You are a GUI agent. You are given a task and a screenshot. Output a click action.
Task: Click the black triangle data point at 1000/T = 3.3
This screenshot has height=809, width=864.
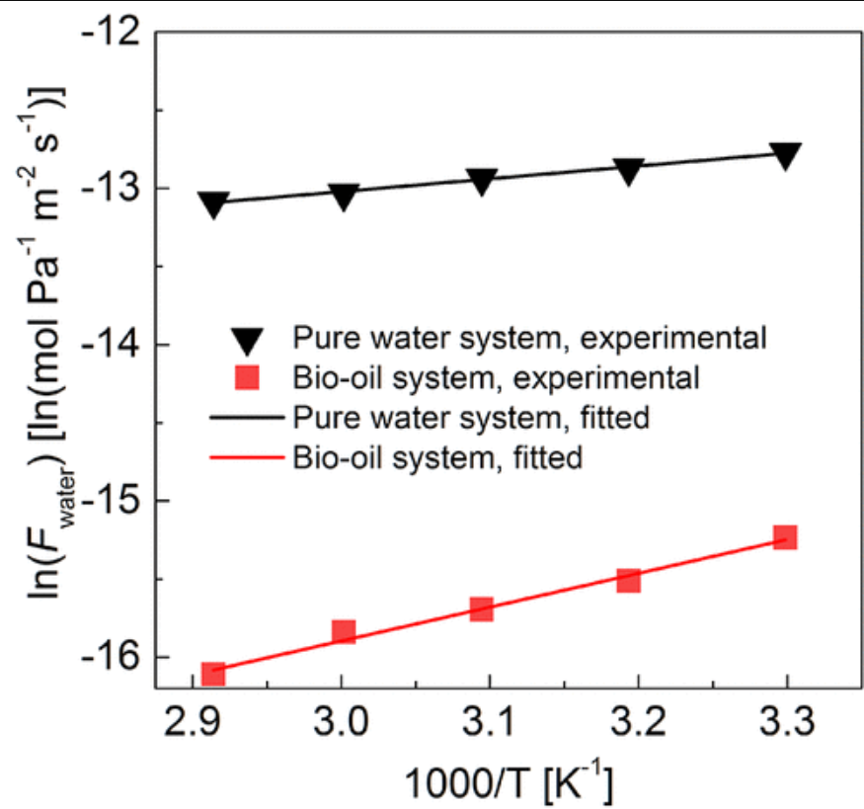point(786,155)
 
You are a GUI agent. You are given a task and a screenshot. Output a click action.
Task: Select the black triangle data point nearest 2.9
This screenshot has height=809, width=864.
point(213,204)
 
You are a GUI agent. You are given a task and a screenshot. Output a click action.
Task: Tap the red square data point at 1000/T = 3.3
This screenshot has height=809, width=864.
point(786,537)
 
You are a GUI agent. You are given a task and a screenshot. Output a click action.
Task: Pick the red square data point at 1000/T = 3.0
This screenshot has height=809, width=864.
point(343,631)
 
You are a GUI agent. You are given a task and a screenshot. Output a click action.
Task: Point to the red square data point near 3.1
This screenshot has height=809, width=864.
point(481,608)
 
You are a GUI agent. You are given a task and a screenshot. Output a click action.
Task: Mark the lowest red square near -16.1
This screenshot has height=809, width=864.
point(213,674)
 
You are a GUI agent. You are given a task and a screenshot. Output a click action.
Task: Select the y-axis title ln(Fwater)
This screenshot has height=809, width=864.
point(44,356)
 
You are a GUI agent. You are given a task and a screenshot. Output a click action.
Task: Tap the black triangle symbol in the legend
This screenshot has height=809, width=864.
point(251,338)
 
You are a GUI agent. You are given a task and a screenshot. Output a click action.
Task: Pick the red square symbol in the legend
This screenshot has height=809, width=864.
point(251,377)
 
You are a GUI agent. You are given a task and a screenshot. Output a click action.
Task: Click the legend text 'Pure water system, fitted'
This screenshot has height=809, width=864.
point(471,418)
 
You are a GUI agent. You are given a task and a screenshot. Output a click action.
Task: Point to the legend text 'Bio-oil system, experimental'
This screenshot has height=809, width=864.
point(497,378)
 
